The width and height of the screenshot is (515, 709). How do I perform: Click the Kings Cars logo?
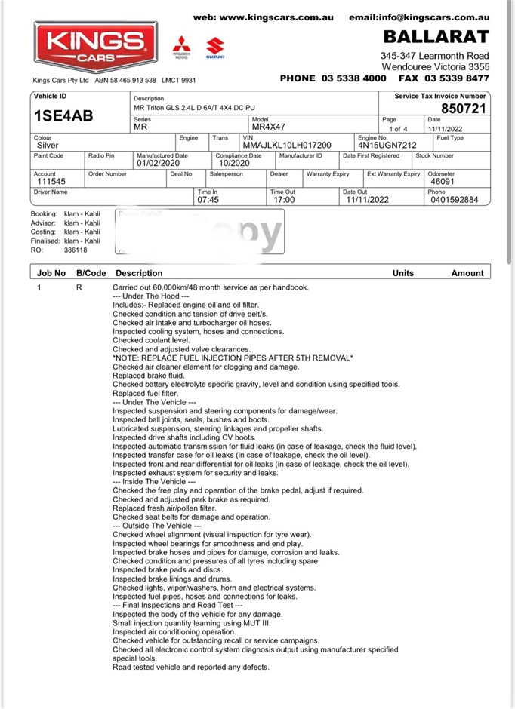(94, 47)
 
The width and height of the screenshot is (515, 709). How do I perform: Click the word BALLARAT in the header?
(436, 37)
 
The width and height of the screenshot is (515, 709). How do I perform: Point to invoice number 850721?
(464, 109)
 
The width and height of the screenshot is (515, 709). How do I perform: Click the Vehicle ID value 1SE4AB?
(63, 116)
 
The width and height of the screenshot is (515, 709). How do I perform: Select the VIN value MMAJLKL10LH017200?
(287, 145)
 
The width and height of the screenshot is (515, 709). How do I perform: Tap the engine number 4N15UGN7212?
(387, 145)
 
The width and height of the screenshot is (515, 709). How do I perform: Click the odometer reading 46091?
(443, 182)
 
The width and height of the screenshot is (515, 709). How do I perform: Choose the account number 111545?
(51, 182)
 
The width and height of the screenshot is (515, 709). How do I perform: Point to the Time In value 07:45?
(208, 201)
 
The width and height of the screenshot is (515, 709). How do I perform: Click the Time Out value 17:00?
(283, 201)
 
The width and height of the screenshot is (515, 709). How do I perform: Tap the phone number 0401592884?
(452, 201)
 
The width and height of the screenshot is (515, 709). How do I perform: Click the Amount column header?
(467, 273)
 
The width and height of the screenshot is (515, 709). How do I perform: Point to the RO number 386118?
(76, 250)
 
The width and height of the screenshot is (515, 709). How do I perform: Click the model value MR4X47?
(268, 127)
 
